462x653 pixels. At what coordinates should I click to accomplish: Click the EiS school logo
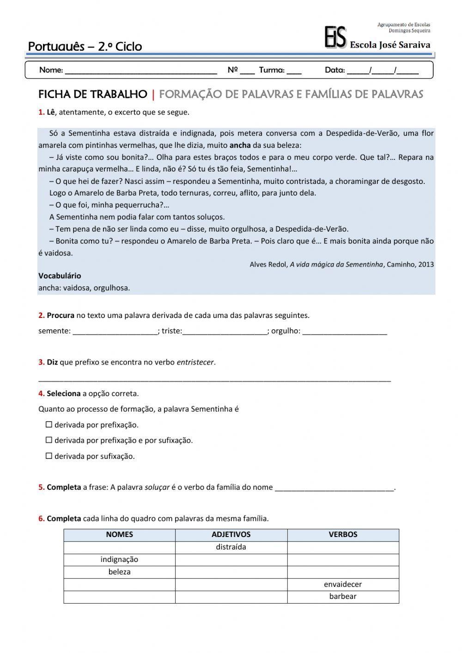point(335,37)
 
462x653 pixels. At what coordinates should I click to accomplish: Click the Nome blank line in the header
point(141,71)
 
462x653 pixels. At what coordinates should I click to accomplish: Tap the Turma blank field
point(294,71)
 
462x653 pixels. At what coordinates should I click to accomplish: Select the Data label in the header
point(334,70)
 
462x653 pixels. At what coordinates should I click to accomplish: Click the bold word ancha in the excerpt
point(240,145)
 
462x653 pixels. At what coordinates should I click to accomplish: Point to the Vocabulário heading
point(60,276)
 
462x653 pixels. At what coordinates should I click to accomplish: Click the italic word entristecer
point(195,362)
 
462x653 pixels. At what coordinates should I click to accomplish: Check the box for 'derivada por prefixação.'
point(49,425)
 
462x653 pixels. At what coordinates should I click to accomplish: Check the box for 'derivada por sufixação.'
point(49,456)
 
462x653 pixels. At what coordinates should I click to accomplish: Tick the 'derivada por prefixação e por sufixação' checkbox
point(49,440)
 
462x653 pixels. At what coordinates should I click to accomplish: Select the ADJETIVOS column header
point(231,535)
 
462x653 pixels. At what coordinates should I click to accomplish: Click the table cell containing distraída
point(231,547)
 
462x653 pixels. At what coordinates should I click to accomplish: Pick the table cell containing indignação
point(119,560)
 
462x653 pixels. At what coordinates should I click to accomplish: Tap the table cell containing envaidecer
point(343,584)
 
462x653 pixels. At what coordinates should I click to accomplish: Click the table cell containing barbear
point(343,597)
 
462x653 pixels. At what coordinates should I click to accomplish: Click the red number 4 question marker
point(41,394)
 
